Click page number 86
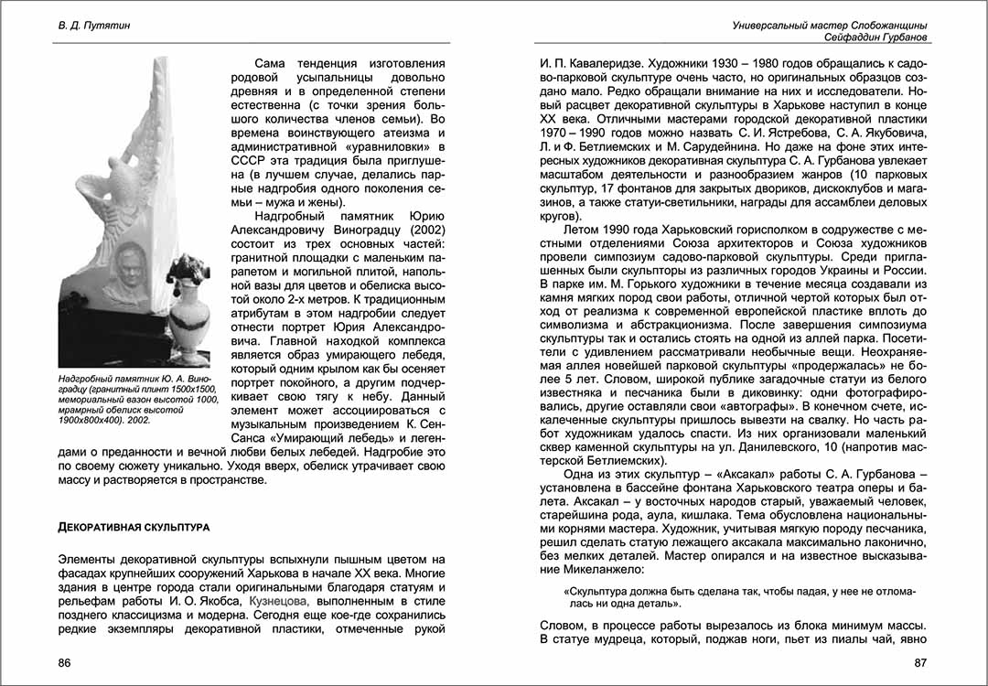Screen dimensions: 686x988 [64, 661]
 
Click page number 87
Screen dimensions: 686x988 [921, 661]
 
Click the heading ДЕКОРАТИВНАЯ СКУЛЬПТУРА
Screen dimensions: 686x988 [134, 528]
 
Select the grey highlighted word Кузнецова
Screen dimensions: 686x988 [277, 601]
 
